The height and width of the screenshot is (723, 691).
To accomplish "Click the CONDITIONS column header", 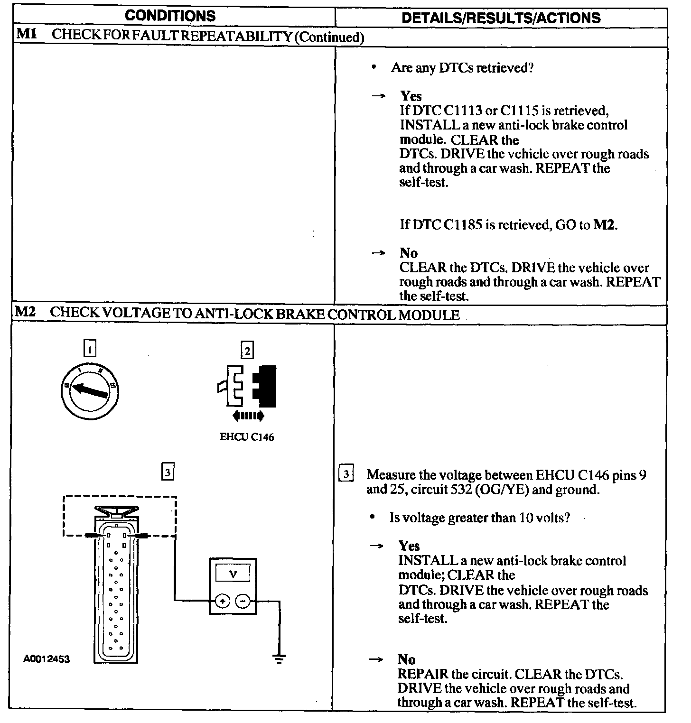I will [170, 16].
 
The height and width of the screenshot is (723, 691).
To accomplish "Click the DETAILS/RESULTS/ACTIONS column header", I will [501, 18].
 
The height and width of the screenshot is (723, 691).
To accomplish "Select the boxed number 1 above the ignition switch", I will [89, 349].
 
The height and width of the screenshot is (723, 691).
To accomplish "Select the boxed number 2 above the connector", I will [247, 351].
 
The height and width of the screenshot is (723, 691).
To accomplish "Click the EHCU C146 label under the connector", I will [247, 437].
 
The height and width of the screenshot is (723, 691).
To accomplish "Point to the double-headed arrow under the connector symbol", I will [248, 416].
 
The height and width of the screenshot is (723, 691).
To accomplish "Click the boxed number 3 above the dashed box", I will [168, 472].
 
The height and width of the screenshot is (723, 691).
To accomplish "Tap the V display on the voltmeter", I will [233, 574].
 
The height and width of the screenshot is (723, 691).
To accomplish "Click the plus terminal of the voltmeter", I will [223, 602].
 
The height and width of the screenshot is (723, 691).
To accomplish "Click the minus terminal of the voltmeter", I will [243, 602].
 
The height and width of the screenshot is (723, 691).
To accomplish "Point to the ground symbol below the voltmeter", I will [279, 658].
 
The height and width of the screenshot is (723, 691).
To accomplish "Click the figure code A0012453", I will [47, 659].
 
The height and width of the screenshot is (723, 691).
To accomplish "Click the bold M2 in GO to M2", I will [605, 224].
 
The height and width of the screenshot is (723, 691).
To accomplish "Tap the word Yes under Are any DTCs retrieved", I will [411, 96].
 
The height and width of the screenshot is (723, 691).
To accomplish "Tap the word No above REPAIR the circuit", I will [406, 659].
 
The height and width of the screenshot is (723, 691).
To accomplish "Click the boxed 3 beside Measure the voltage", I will [346, 474].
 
